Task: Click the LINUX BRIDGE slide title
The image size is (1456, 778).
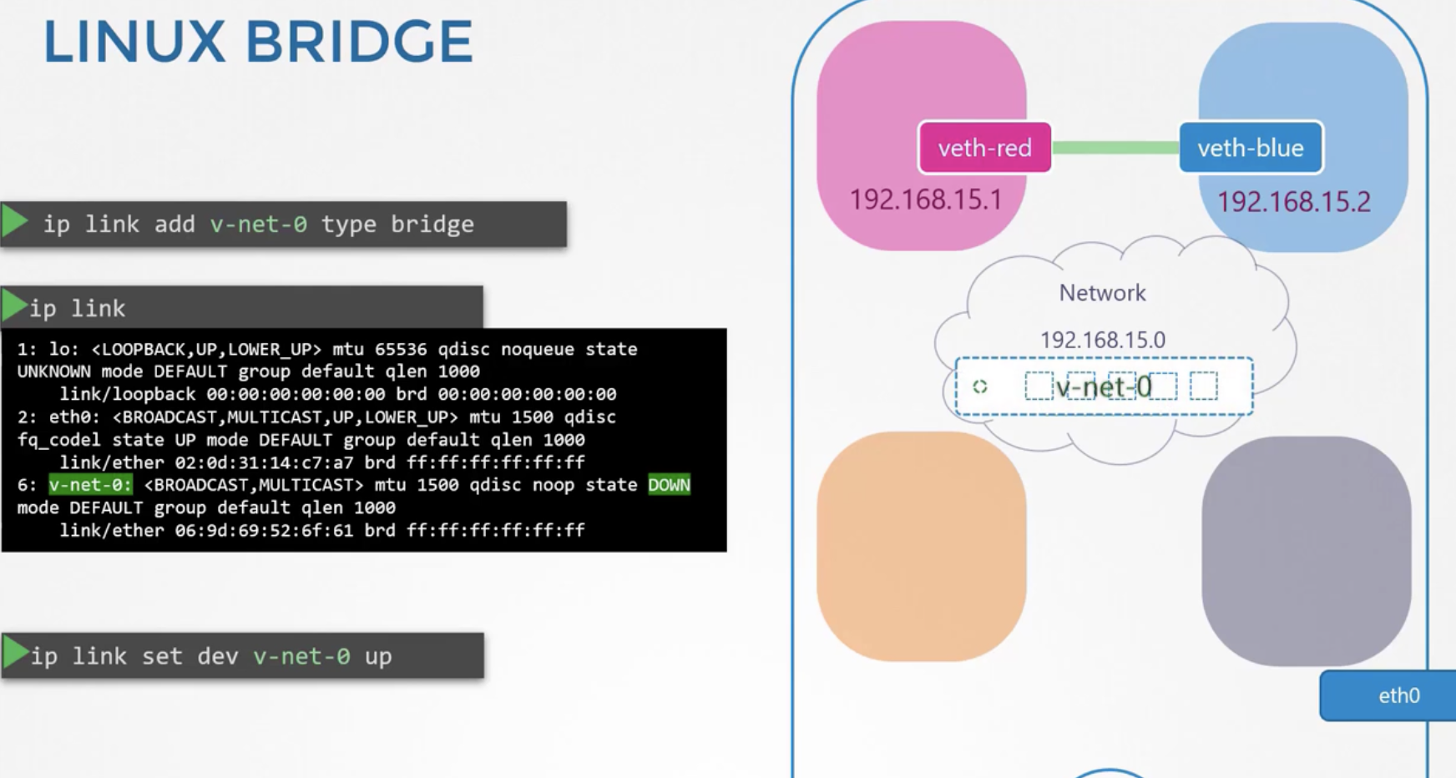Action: click(x=258, y=42)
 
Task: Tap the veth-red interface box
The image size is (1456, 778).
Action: click(x=985, y=148)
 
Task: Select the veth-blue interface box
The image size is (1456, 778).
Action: click(x=1251, y=148)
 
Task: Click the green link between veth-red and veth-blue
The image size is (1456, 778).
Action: click(x=1115, y=148)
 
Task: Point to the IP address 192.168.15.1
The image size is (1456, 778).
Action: click(x=925, y=200)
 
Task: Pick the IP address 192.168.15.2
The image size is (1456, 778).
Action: click(x=1293, y=202)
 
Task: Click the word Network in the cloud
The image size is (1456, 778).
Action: click(x=1102, y=293)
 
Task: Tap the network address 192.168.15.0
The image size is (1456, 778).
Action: click(x=1102, y=341)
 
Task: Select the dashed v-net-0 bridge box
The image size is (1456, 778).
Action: click(x=1104, y=386)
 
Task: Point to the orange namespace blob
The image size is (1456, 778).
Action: click(x=922, y=547)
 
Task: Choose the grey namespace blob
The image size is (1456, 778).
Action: click(x=1307, y=551)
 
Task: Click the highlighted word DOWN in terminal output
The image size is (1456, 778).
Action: click(x=670, y=485)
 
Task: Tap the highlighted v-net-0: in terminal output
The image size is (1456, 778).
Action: click(x=90, y=485)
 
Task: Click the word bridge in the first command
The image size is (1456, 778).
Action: click(x=432, y=224)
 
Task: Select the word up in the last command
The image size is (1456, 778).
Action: click(x=378, y=656)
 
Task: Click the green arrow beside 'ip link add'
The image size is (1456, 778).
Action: click(x=15, y=222)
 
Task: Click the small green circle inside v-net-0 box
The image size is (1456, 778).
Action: click(x=980, y=386)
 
